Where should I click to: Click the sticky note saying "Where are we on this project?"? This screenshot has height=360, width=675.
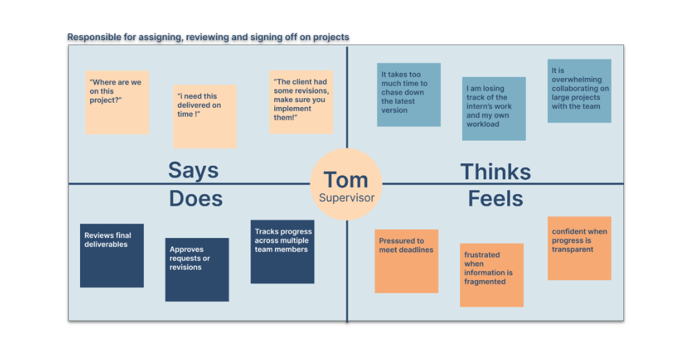[117, 102]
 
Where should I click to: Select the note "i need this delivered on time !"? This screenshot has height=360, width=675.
[205, 116]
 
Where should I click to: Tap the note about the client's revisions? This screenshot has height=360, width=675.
[301, 102]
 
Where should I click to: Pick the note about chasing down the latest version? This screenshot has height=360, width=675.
[408, 94]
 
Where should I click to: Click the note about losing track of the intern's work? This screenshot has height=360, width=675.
[494, 108]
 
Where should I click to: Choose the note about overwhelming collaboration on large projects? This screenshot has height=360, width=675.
[579, 90]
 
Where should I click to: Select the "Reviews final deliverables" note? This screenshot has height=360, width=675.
[112, 255]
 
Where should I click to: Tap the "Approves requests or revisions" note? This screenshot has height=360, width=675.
[197, 270]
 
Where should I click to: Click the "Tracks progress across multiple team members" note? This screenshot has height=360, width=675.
[282, 252]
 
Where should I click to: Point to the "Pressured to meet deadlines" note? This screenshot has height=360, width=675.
[407, 261]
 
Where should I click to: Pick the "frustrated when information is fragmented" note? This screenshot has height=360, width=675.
[491, 275]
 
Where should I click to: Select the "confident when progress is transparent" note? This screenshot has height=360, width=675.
[579, 248]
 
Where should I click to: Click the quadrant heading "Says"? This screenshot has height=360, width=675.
[193, 170]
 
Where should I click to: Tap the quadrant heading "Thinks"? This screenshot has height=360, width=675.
[495, 172]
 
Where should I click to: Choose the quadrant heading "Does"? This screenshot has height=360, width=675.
[196, 199]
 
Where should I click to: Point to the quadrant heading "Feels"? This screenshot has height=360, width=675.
[495, 199]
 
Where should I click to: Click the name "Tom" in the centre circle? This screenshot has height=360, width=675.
[346, 180]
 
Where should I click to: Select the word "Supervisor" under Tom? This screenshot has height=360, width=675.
[347, 198]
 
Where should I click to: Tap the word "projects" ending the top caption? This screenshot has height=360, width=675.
[331, 37]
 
